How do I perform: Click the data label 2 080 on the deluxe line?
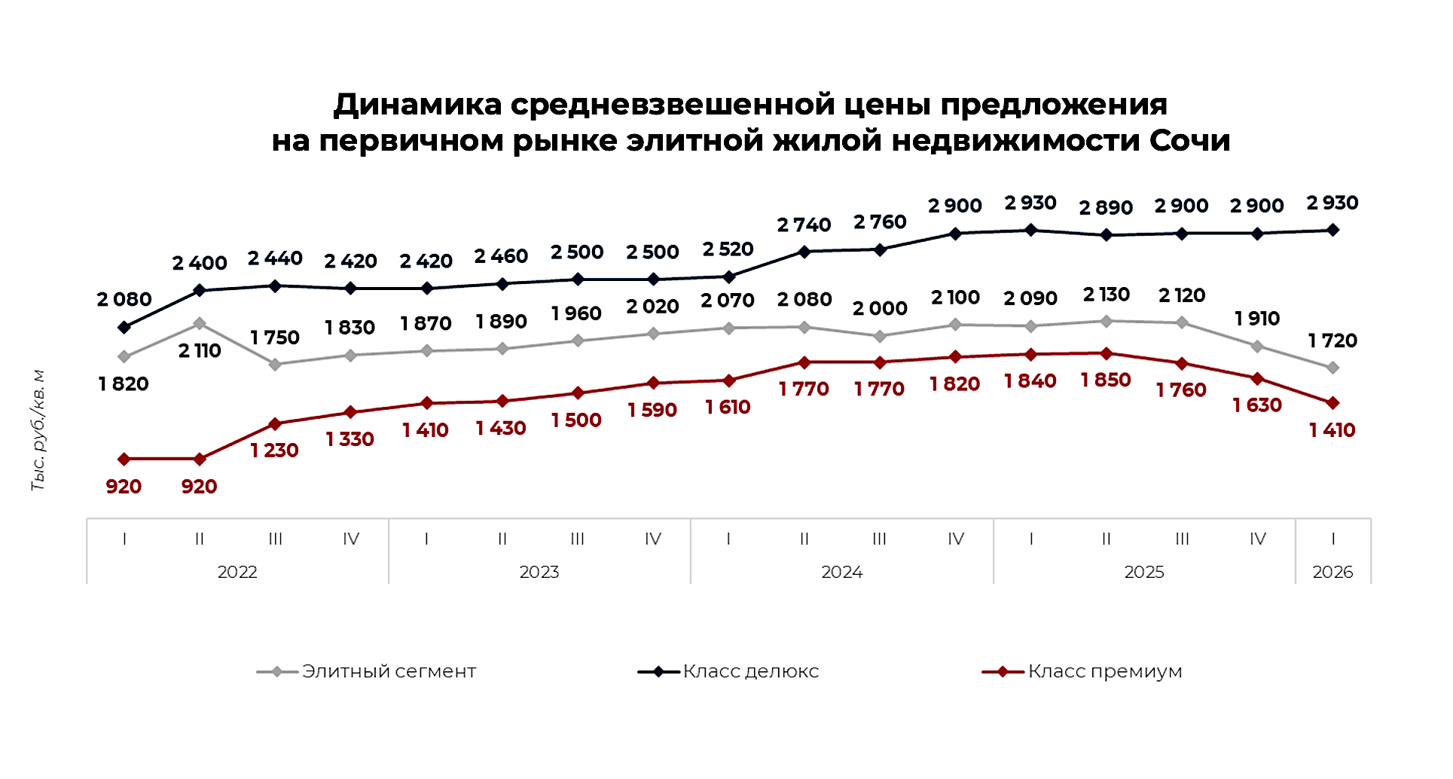click(x=124, y=300)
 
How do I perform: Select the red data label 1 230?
click(x=274, y=451)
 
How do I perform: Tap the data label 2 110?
click(x=200, y=351)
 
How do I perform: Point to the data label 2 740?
click(x=804, y=225)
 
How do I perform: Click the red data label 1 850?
click(x=1106, y=380)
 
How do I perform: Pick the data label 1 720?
click(x=1332, y=341)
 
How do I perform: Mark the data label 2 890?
click(x=1106, y=208)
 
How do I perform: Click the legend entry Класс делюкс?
click(x=750, y=671)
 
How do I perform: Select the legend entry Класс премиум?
click(x=1104, y=671)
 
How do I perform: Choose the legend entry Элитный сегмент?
click(x=389, y=671)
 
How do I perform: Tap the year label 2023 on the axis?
click(x=539, y=573)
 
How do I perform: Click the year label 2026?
click(x=1332, y=573)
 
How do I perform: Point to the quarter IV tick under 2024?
click(x=955, y=539)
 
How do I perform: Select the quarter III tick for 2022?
click(x=276, y=539)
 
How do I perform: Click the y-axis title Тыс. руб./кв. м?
click(x=38, y=430)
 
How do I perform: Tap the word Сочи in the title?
click(x=1189, y=141)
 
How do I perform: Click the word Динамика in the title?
click(x=417, y=105)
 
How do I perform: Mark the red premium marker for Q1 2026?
click(x=1332, y=403)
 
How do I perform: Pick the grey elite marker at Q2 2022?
click(x=200, y=323)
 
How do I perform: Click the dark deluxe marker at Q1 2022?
click(x=124, y=328)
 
